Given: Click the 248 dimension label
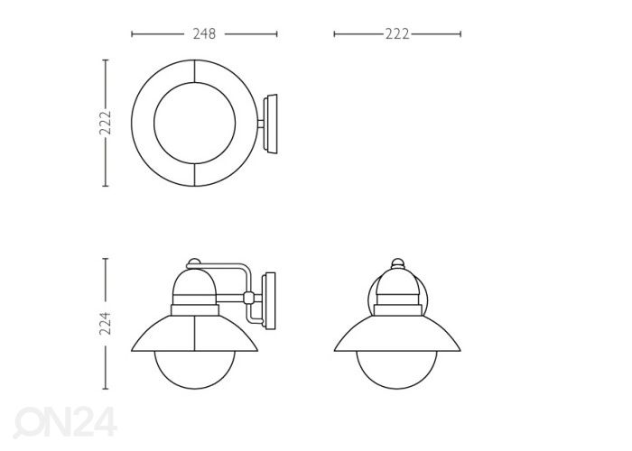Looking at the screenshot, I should [204, 34].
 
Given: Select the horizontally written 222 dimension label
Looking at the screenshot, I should [397, 34].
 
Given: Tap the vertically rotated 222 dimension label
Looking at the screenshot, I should [105, 123].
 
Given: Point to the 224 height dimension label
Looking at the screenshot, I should [105, 324].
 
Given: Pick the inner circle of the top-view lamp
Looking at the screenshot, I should [196, 123].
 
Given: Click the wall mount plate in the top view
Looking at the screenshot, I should [272, 123].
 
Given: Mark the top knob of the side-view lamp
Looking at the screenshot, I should [192, 262].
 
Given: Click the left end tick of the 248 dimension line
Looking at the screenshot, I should [133, 34].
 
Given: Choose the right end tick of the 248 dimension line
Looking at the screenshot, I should [277, 34].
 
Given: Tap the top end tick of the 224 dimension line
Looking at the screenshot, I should [105, 260].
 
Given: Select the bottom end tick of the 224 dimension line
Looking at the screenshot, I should [105, 390].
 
